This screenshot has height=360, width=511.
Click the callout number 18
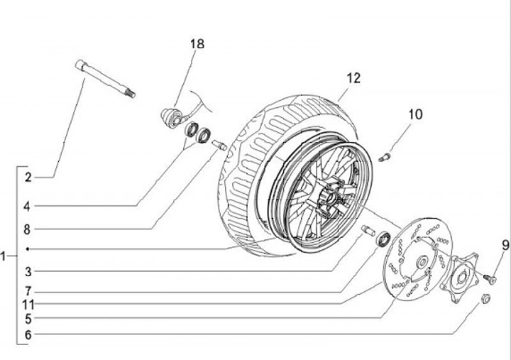tap(197, 44)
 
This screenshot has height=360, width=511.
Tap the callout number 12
tap(353, 78)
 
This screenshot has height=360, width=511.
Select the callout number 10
tap(415, 114)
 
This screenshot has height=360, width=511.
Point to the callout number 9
tap(505, 245)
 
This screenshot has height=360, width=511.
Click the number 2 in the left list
tap(28, 178)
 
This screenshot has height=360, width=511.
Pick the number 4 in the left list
tap(27, 206)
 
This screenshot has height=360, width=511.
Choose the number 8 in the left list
tap(27, 229)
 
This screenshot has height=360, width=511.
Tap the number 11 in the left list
tap(28, 305)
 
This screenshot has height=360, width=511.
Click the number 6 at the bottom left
tap(28, 334)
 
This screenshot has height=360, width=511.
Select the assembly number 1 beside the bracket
tap(3, 256)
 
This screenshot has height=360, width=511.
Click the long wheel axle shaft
tap(105, 79)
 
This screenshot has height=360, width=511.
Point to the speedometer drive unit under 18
tap(172, 116)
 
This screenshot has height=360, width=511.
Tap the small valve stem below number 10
tap(385, 157)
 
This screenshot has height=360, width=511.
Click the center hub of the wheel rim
tap(328, 200)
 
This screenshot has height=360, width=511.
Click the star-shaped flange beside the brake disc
tap(459, 278)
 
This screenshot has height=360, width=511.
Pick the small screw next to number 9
tap(490, 279)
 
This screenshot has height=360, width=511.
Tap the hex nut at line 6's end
tap(486, 298)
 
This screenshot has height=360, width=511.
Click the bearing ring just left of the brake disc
tap(383, 239)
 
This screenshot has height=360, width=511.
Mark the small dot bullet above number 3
tap(28, 249)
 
